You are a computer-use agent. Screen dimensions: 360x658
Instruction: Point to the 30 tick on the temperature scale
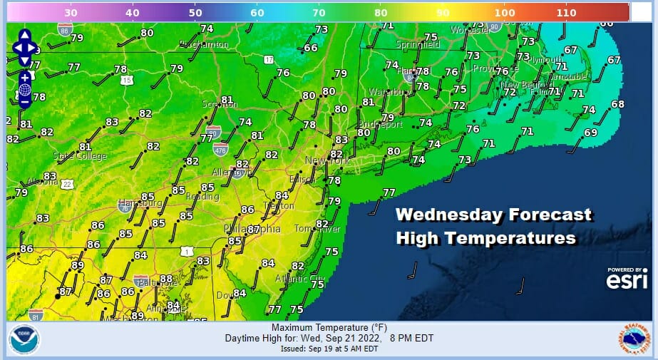(x=71, y=12)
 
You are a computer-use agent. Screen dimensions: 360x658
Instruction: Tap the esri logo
(x=627, y=280)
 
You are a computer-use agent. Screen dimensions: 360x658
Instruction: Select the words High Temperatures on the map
(x=485, y=238)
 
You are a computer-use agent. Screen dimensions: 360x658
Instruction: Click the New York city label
(x=327, y=161)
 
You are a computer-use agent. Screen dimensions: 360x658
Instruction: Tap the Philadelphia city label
(x=252, y=229)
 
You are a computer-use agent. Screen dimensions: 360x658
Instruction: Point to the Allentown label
(x=232, y=173)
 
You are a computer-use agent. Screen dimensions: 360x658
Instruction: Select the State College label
(x=79, y=155)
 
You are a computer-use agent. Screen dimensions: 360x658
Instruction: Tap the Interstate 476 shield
(x=221, y=148)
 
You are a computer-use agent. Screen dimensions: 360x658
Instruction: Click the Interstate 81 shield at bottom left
(x=36, y=314)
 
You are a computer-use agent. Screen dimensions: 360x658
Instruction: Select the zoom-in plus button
(x=25, y=77)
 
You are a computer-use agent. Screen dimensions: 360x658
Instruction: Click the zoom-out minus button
(x=25, y=102)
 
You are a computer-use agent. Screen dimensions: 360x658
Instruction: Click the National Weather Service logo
(x=632, y=340)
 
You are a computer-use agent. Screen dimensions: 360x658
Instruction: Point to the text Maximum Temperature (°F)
(x=329, y=328)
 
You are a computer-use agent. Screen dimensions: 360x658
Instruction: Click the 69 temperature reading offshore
(x=590, y=133)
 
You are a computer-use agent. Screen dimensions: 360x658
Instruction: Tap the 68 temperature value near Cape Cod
(x=617, y=105)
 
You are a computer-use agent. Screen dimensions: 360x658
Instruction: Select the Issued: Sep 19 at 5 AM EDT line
(x=329, y=349)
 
